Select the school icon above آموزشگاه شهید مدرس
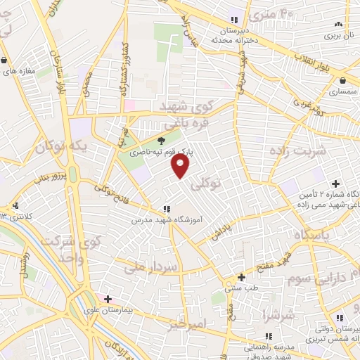coord(167,209)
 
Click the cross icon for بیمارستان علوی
coord(108,299)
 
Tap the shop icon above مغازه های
coord(5,60)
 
